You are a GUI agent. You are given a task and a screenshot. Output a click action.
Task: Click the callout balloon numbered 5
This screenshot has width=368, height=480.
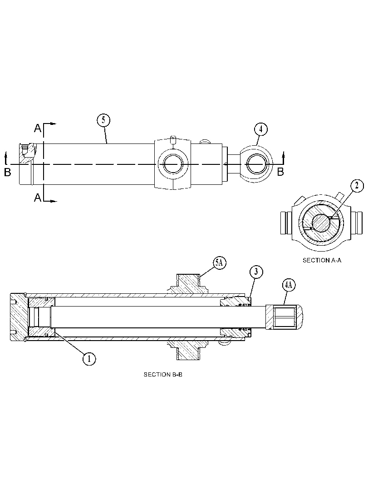pyautogui.click(x=103, y=120)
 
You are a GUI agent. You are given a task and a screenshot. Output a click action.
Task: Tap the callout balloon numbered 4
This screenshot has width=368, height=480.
pyautogui.click(x=260, y=129)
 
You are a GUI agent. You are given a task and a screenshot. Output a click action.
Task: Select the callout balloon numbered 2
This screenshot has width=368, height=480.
pyautogui.click(x=357, y=186)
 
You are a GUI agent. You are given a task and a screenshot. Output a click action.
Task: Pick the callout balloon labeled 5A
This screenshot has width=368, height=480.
pyautogui.click(x=219, y=263)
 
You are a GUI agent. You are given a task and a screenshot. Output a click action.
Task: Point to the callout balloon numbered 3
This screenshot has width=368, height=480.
pyautogui.click(x=256, y=272)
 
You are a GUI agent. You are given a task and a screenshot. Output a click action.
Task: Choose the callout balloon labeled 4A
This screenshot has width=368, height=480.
pyautogui.click(x=288, y=285)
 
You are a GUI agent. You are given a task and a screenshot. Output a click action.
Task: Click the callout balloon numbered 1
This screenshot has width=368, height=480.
pyautogui.click(x=89, y=358)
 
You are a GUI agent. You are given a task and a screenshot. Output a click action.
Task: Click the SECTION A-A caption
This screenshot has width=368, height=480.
pyautogui.click(x=322, y=260)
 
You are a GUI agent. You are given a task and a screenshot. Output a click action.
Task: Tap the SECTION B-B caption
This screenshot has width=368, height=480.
pyautogui.click(x=163, y=374)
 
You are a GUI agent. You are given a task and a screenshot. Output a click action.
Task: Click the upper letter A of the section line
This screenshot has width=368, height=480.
pyautogui.click(x=38, y=128)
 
